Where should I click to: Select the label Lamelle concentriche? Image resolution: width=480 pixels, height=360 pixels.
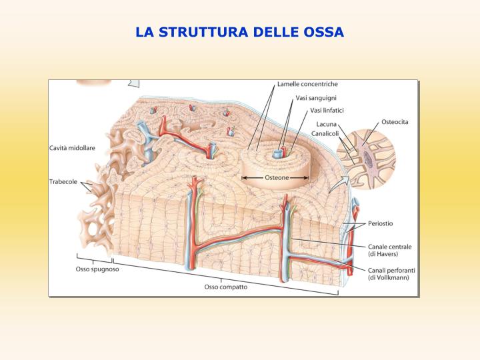[307, 84]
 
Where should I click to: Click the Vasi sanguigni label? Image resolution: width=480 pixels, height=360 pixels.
[316, 98]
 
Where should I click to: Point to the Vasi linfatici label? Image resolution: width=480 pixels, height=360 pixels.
[327, 110]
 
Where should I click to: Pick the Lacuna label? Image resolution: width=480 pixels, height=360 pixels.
[326, 124]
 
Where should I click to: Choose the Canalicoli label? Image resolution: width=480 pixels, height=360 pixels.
[325, 133]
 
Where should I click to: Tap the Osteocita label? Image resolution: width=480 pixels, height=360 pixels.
[395, 122]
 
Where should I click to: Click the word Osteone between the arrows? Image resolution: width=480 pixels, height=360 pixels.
[277, 177]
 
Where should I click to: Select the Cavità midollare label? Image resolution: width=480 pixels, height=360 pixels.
[72, 148]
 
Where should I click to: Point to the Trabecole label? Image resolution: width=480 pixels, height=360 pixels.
[63, 181]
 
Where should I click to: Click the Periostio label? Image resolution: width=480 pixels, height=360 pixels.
[380, 223]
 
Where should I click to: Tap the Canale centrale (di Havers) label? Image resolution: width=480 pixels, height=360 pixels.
[390, 250]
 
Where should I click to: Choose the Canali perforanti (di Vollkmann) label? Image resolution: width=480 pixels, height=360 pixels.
[391, 274]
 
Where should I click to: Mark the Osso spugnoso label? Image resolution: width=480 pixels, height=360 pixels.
[97, 269]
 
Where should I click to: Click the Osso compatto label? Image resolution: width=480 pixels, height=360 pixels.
[226, 287]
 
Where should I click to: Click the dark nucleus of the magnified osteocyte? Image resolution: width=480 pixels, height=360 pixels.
[369, 159]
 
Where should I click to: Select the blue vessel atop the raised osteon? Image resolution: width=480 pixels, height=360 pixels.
[277, 154]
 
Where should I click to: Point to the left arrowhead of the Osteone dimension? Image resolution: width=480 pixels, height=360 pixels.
[244, 177]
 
